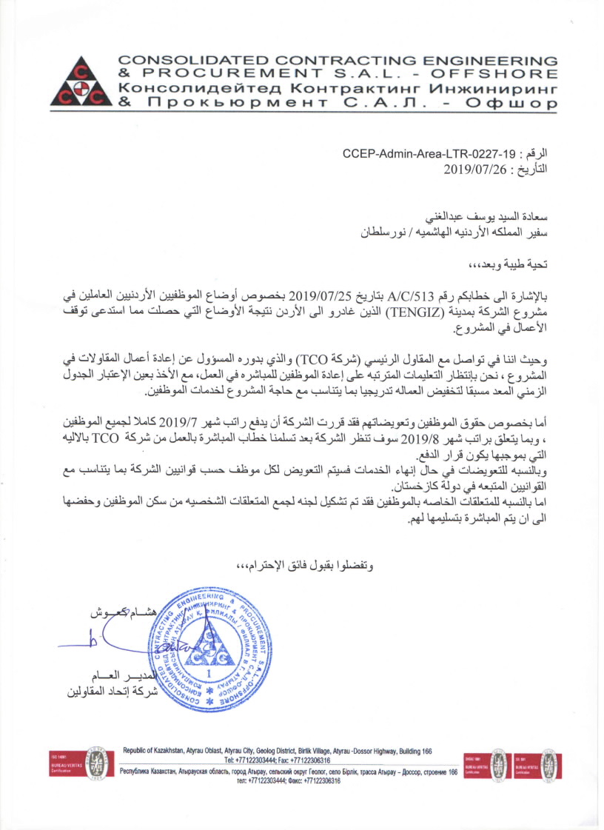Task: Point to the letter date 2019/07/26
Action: [x=477, y=169]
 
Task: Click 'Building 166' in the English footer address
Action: [x=409, y=752]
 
